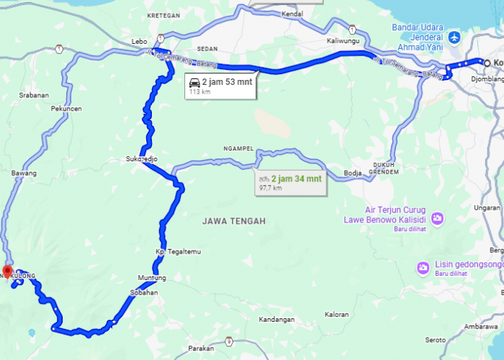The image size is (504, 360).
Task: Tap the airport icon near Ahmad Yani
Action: point(454,36)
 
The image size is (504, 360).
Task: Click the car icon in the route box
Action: point(194,82)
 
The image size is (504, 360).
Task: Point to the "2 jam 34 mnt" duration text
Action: point(296,177)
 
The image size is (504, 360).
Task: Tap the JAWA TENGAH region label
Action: point(234,221)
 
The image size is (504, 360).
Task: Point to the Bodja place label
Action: point(353,173)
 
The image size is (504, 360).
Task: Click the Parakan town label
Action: point(201,348)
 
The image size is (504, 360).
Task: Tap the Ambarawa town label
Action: point(481,326)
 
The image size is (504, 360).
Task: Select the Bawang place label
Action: point(24,174)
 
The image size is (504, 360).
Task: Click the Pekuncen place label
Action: point(66,109)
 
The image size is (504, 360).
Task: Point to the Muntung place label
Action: point(152,278)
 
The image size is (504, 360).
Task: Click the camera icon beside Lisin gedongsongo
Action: point(423,268)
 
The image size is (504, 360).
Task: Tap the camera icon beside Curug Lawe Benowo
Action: point(438,218)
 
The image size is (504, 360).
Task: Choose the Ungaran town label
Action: point(488,208)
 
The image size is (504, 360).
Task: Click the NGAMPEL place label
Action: point(238,149)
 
